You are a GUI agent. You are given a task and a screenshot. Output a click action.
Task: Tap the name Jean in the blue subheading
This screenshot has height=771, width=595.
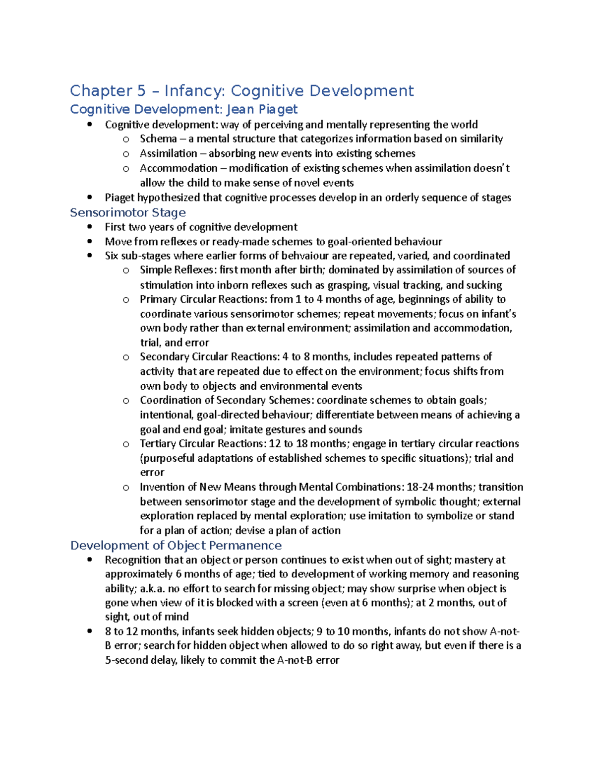(x=240, y=109)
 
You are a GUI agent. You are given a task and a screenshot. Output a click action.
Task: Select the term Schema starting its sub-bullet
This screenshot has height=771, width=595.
(x=158, y=139)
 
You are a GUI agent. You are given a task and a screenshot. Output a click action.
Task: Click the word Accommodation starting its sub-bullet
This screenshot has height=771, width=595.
(x=178, y=168)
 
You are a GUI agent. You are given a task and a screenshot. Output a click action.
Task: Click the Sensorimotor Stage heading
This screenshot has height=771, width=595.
(x=128, y=212)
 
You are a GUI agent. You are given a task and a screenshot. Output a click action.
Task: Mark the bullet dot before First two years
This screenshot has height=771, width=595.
(x=89, y=227)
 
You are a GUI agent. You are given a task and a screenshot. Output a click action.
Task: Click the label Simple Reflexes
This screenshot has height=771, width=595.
(x=177, y=270)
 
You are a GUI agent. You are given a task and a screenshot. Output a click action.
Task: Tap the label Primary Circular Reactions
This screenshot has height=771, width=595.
(x=203, y=299)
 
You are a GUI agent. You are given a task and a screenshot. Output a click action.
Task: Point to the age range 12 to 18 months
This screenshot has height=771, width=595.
(x=302, y=444)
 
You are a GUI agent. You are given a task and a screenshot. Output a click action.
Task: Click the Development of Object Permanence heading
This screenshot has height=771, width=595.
(x=176, y=546)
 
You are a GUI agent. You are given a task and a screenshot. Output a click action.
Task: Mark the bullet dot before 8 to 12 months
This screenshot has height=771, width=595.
(x=89, y=631)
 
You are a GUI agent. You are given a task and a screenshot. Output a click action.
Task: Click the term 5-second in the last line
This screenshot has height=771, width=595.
(x=123, y=660)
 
